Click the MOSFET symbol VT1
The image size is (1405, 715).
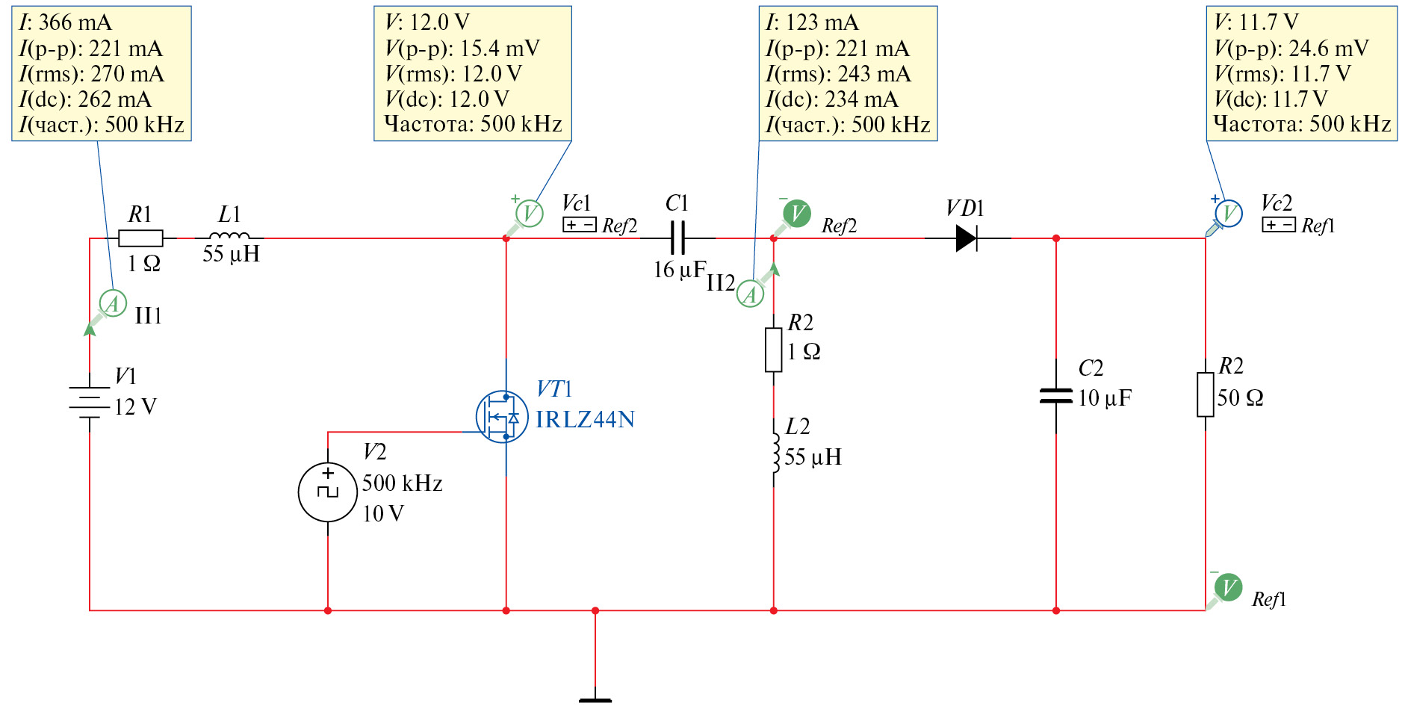click(502, 417)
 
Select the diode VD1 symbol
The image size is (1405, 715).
click(967, 238)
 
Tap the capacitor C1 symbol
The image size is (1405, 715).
click(677, 238)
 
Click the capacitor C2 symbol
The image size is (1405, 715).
click(1055, 396)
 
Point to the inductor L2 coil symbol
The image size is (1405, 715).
click(775, 453)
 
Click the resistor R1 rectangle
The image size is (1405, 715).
click(140, 238)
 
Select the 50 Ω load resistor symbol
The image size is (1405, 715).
click(1205, 394)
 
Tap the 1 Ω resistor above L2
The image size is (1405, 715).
click(773, 350)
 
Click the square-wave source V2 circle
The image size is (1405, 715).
click(327, 492)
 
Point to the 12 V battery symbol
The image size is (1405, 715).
click(90, 402)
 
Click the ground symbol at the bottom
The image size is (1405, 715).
click(595, 699)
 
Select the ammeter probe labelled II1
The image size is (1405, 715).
click(112, 303)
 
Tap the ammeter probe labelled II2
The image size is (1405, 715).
click(750, 294)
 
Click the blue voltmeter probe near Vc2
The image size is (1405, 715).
click(1228, 214)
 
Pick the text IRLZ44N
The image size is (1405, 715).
click(585, 419)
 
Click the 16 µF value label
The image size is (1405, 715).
click(680, 270)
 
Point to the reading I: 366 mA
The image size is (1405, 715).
click(66, 22)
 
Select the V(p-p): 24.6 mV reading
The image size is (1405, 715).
click(1291, 49)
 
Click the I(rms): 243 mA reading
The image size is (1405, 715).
click(838, 74)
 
